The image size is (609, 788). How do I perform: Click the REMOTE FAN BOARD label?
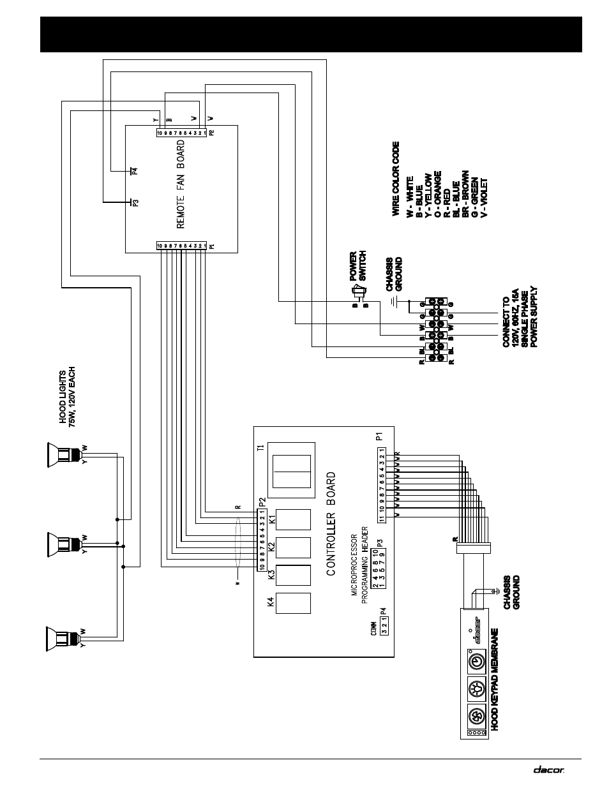181,185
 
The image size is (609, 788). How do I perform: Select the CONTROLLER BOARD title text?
331,524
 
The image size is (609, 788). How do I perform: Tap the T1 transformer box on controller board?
292,470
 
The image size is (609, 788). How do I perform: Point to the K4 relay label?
271,602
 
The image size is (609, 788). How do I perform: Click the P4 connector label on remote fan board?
135,170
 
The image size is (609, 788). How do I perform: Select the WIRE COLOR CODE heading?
396,178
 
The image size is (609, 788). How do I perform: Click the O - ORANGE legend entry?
437,195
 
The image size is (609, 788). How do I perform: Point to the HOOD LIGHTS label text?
67,396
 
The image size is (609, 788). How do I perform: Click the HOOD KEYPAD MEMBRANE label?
493,679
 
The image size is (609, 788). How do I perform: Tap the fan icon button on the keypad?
476,716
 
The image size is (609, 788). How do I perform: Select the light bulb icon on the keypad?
476,689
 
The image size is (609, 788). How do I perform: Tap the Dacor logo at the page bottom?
549,769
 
